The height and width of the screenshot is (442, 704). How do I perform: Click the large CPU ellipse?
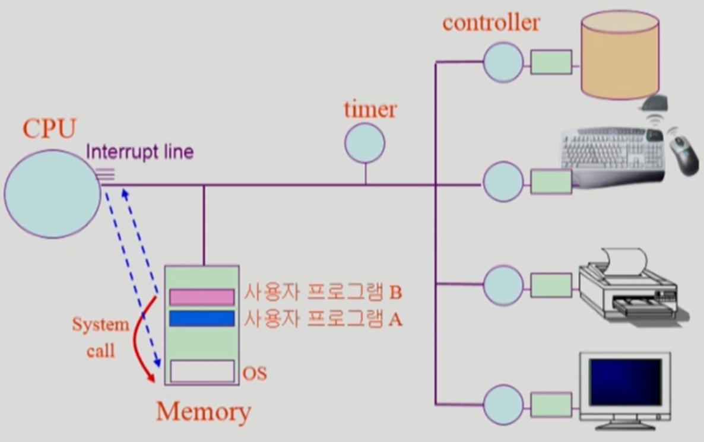pyautogui.click(x=52, y=194)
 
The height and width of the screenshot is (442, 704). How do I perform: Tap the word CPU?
pyautogui.click(x=50, y=129)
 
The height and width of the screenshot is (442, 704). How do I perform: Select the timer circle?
pyautogui.click(x=365, y=143)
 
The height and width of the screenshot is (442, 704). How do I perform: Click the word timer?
pyautogui.click(x=370, y=110)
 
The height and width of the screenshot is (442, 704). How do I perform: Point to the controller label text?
pyautogui.click(x=491, y=23)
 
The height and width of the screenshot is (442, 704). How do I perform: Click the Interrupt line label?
pyautogui.click(x=140, y=152)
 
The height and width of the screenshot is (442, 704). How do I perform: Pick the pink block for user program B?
pyautogui.click(x=202, y=297)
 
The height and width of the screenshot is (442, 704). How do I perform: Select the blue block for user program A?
pyautogui.click(x=202, y=319)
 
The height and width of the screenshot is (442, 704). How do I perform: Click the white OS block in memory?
pyautogui.click(x=202, y=371)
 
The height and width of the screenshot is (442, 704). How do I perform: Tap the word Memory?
pyautogui.click(x=204, y=411)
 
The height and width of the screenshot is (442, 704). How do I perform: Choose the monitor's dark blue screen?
pyautogui.click(x=625, y=382)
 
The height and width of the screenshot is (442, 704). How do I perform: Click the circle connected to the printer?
pyautogui.click(x=503, y=285)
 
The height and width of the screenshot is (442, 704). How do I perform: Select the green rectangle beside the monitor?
pyautogui.click(x=551, y=405)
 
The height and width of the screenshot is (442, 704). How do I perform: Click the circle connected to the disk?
pyautogui.click(x=503, y=62)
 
